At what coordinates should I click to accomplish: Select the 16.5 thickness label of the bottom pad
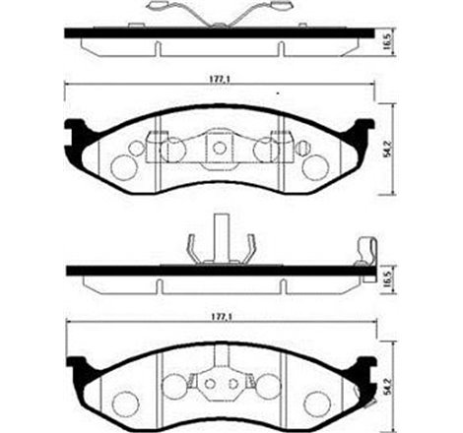click(x=387, y=280)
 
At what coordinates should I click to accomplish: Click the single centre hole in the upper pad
click(x=219, y=149)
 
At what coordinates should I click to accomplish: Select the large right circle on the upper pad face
click(x=314, y=164)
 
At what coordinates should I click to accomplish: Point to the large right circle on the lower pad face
click(x=314, y=401)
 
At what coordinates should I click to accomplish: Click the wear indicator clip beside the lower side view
click(x=364, y=253)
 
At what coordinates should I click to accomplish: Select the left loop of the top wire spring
click(x=158, y=10)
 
